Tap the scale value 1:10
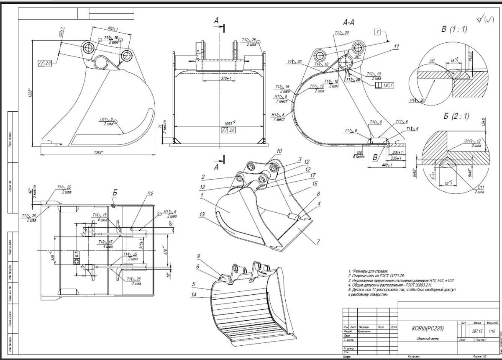pyautogui.click(x=492, y=331)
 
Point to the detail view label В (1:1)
pyautogui.click(x=454, y=29)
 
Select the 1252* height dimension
pyautogui.click(x=31, y=94)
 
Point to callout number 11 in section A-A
pyautogui.click(x=397, y=47)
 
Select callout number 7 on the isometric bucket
pyautogui.click(x=318, y=242)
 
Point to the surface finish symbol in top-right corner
pyautogui.click(x=484, y=19)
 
